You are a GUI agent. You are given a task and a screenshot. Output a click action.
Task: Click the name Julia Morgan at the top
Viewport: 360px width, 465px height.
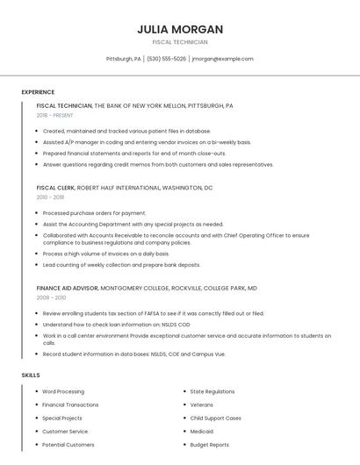pyautogui.click(x=179, y=29)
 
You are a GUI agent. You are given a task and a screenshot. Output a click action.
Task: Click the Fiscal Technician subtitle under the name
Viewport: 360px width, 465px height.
pyautogui.click(x=179, y=42)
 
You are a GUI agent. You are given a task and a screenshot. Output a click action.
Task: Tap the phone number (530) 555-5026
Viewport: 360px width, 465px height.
pyautogui.click(x=166, y=59)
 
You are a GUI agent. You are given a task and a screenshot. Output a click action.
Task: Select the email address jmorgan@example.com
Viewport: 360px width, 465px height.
pyautogui.click(x=222, y=59)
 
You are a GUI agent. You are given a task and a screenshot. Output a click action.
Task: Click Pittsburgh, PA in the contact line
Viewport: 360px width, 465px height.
pyautogui.click(x=123, y=59)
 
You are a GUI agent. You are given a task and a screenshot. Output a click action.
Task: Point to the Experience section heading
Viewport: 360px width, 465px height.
pyautogui.click(x=38, y=92)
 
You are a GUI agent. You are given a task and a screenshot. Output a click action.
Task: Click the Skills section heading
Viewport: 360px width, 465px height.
pyautogui.click(x=30, y=376)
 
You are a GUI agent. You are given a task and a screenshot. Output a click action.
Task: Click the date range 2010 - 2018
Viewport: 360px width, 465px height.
pyautogui.click(x=50, y=197)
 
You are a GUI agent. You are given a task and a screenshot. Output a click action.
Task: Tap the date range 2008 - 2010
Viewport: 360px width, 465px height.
pyautogui.click(x=51, y=297)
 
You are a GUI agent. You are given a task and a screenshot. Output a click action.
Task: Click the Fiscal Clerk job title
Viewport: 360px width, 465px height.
pyautogui.click(x=55, y=188)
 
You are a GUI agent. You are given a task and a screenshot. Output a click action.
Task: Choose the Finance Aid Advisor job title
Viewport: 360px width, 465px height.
pyautogui.click(x=68, y=288)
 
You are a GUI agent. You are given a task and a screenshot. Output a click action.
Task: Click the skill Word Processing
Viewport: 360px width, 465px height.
pyautogui.click(x=63, y=391)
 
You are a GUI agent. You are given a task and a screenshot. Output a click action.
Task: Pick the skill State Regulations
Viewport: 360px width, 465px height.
pyautogui.click(x=212, y=391)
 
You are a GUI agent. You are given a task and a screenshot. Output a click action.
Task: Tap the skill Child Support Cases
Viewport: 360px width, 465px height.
pyautogui.click(x=215, y=418)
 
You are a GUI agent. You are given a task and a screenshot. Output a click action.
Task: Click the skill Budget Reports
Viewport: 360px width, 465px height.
pyautogui.click(x=209, y=445)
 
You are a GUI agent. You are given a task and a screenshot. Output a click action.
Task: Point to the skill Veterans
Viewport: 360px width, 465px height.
pyautogui.click(x=202, y=404)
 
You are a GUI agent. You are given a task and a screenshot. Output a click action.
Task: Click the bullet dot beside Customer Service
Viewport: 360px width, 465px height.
pyautogui.click(x=36, y=432)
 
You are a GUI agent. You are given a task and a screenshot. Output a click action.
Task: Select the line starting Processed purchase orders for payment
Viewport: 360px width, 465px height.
pyautogui.click(x=94, y=213)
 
